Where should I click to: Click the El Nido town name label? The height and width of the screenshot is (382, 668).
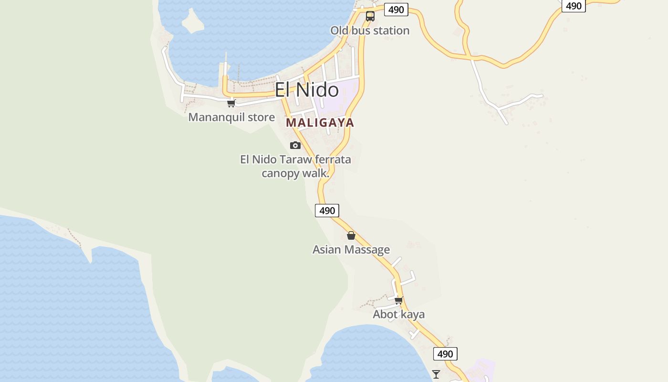click(x=306, y=90)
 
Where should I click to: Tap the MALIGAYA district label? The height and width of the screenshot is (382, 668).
click(x=320, y=123)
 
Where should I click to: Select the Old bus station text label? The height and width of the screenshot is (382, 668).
click(x=370, y=31)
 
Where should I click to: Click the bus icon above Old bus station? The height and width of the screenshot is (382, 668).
click(x=370, y=16)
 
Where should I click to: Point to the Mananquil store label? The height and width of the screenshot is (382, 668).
click(x=231, y=117)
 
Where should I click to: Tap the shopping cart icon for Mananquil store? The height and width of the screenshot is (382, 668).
click(x=231, y=103)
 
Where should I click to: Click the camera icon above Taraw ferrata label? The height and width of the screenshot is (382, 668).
click(x=295, y=145)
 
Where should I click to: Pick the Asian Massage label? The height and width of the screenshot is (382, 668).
click(x=351, y=249)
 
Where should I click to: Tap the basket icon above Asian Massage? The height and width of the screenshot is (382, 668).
click(x=351, y=235)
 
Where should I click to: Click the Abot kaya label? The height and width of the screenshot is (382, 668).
click(x=398, y=314)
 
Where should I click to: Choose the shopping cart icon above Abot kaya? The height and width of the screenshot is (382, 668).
click(x=399, y=300)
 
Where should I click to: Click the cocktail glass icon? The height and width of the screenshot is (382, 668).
click(x=436, y=374)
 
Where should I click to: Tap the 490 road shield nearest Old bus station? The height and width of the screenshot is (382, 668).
click(x=396, y=10)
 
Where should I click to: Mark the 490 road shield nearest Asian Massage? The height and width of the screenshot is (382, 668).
click(x=327, y=210)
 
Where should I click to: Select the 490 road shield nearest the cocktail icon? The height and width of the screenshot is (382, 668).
click(x=445, y=354)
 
